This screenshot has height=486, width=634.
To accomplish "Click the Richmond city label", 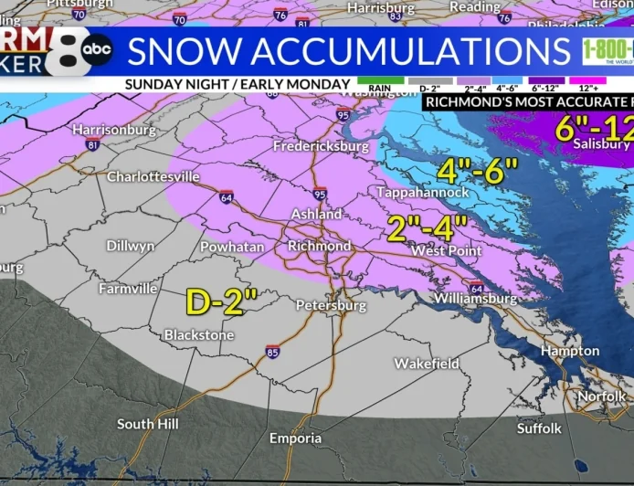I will [x=319, y=246].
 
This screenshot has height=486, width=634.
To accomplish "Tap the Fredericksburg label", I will [x=321, y=146].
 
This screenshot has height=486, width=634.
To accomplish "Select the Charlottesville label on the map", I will [x=153, y=176].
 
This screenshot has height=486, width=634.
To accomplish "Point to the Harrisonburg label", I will [x=114, y=130].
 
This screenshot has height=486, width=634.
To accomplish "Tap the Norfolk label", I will [x=601, y=396].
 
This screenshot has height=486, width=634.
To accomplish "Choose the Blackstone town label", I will [x=198, y=335].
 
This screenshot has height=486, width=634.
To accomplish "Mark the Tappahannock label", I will [x=424, y=193].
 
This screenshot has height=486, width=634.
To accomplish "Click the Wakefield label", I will [x=427, y=364].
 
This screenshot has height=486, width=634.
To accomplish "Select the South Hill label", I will [x=148, y=424].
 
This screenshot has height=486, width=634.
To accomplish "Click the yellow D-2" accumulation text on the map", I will [x=220, y=301].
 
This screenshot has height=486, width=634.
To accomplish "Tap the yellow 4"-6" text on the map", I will [x=476, y=170].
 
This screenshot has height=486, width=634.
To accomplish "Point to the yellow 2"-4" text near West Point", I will [x=427, y=227].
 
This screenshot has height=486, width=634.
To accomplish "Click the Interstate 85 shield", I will [x=273, y=351].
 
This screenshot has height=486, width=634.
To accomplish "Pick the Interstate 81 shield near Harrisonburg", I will [x=92, y=145].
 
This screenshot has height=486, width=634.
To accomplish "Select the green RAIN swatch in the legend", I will [x=374, y=81].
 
